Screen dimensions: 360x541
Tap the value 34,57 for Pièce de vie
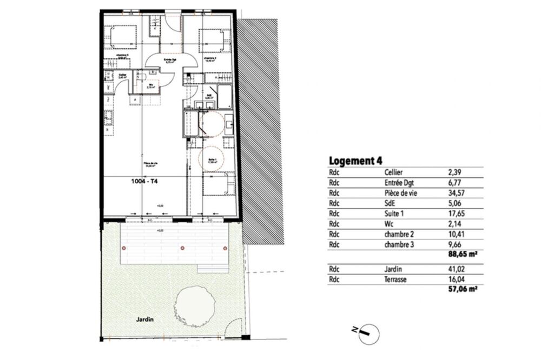tap(456, 193)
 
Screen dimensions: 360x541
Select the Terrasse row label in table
tap(395, 279)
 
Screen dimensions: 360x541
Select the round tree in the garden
tap(192, 306)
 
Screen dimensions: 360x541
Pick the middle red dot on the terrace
tap(182, 248)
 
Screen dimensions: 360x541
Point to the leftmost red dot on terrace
tap(124, 248)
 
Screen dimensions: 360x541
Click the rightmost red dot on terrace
tap(225, 248)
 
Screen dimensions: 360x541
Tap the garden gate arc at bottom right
tap(234, 327)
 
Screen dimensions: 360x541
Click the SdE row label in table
tap(388, 203)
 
